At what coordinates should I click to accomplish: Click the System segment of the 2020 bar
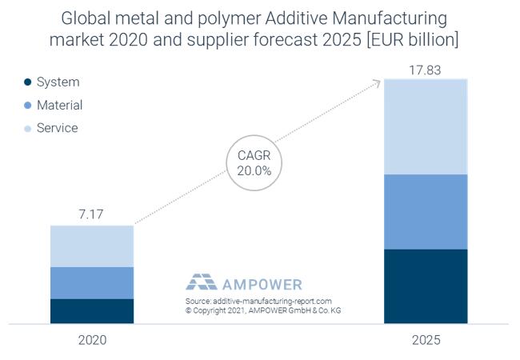(x=91, y=311)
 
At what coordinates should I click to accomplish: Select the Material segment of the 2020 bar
(x=91, y=282)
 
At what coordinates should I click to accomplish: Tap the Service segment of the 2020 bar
(x=91, y=246)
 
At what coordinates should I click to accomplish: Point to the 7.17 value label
(x=91, y=214)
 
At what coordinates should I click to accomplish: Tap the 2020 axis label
(x=92, y=340)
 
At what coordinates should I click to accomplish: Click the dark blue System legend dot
(x=28, y=82)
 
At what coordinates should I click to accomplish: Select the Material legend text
(x=59, y=105)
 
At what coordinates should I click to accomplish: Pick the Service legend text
(x=57, y=128)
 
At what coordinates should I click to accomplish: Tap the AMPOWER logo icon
(x=201, y=282)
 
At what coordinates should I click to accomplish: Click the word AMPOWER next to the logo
(x=262, y=283)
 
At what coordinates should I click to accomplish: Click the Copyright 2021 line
(x=262, y=310)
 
